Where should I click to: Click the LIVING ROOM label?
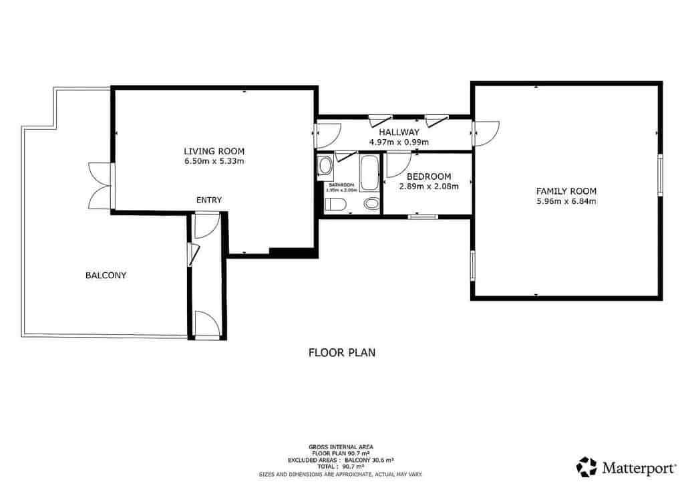(x=214, y=151)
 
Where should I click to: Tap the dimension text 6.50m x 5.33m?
(x=214, y=161)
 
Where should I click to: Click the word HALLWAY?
(x=399, y=132)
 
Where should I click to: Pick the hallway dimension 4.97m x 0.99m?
(x=399, y=142)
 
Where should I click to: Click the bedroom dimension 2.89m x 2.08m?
(x=429, y=187)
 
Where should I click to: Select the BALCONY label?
(x=106, y=275)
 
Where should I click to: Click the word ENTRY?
(x=209, y=200)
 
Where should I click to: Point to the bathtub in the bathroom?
(x=369, y=172)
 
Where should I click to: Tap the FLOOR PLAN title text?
(x=341, y=352)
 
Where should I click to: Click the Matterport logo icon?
(x=586, y=466)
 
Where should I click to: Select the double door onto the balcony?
(x=99, y=185)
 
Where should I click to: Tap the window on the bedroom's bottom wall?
(x=423, y=216)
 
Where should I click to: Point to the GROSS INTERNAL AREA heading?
(x=341, y=447)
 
